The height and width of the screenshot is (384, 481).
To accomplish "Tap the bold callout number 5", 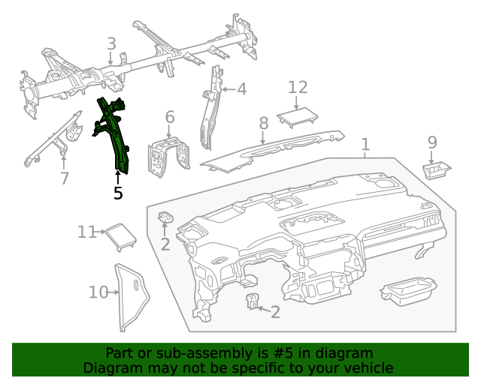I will click(118, 193).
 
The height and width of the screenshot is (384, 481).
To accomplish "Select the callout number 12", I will click(298, 87).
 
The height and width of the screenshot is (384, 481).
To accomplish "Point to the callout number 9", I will click(432, 142).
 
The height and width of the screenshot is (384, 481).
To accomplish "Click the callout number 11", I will click(86, 232).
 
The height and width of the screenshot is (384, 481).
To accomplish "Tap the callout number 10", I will click(98, 292).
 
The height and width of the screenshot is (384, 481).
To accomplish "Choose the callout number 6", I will click(170, 117).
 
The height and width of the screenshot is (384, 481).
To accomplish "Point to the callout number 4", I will click(241, 89).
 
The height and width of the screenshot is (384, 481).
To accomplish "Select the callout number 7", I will click(65, 178).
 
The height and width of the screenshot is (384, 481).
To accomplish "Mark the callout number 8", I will click(264, 122).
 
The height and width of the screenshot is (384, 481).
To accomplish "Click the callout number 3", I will click(111, 44).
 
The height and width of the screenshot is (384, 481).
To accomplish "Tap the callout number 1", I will click(365, 143).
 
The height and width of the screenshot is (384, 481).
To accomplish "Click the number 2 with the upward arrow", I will click(165, 244).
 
